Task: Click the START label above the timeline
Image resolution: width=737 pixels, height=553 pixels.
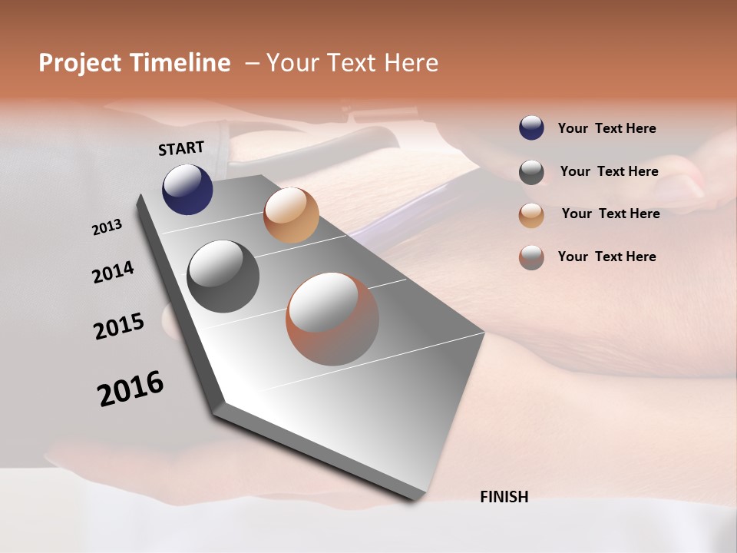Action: click(181, 148)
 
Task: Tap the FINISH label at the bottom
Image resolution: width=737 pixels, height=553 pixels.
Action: click(504, 497)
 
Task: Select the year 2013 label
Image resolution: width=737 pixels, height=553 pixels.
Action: click(107, 227)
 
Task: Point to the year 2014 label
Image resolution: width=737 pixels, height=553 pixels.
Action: click(113, 273)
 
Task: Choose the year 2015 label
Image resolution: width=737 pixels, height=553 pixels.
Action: click(119, 326)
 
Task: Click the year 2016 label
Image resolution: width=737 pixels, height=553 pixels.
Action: click(131, 388)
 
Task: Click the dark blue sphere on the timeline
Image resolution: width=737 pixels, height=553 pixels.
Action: click(187, 189)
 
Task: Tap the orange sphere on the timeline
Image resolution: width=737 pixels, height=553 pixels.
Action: click(291, 215)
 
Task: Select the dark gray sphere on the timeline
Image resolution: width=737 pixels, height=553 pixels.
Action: click(223, 276)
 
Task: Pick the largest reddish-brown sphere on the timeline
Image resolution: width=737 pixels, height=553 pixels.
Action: click(332, 319)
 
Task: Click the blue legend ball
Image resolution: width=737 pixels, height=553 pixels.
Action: click(531, 128)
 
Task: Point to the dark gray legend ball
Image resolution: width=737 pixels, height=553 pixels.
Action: click(531, 172)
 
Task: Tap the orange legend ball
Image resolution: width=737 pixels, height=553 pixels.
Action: click(531, 215)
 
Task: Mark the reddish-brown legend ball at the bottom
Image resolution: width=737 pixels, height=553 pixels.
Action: click(531, 257)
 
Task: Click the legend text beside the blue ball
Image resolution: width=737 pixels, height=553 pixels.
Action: click(606, 128)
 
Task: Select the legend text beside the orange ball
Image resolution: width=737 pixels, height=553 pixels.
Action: click(610, 214)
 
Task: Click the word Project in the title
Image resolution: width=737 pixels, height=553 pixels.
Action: click(80, 63)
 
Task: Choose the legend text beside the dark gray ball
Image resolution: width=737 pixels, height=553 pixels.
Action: click(609, 171)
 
